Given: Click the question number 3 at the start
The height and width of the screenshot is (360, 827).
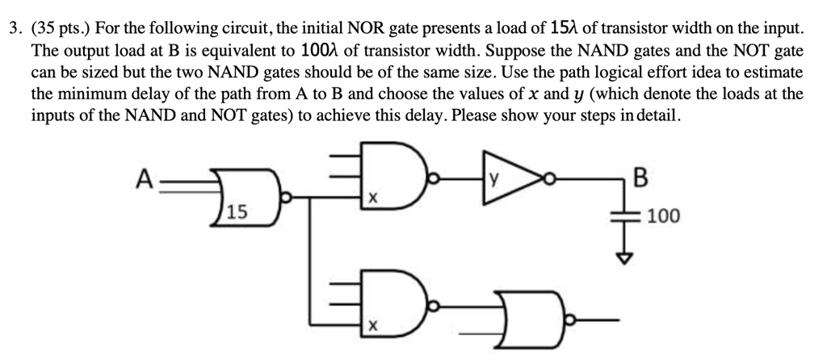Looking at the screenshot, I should pyautogui.click(x=10, y=30).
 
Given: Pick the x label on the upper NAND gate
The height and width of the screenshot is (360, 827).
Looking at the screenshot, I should pyautogui.click(x=372, y=198).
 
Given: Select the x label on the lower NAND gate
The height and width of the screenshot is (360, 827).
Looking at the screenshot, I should pyautogui.click(x=372, y=327).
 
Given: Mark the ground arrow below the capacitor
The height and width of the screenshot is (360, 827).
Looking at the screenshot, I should pyautogui.click(x=620, y=255).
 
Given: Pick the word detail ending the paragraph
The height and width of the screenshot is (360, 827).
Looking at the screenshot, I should pyautogui.click(x=661, y=115).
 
